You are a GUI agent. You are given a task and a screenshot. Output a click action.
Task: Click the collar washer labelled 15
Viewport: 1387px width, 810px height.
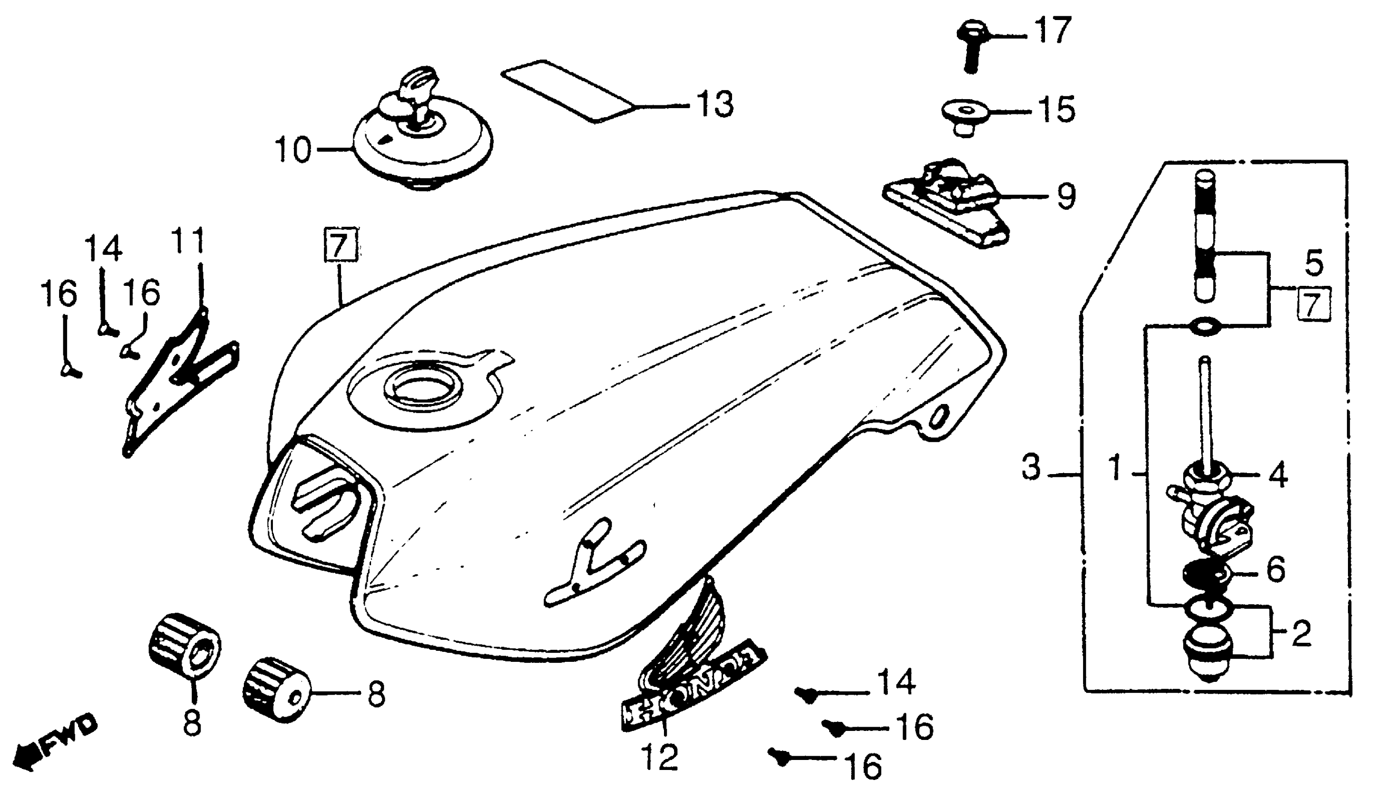pos(963,117)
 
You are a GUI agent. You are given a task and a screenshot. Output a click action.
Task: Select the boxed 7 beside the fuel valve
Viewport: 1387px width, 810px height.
pos(1314,304)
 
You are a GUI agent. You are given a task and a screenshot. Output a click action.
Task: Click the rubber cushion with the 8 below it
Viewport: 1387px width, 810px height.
pos(184,644)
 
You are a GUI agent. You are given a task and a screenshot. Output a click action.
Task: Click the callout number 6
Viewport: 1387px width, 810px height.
pos(1276,569)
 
